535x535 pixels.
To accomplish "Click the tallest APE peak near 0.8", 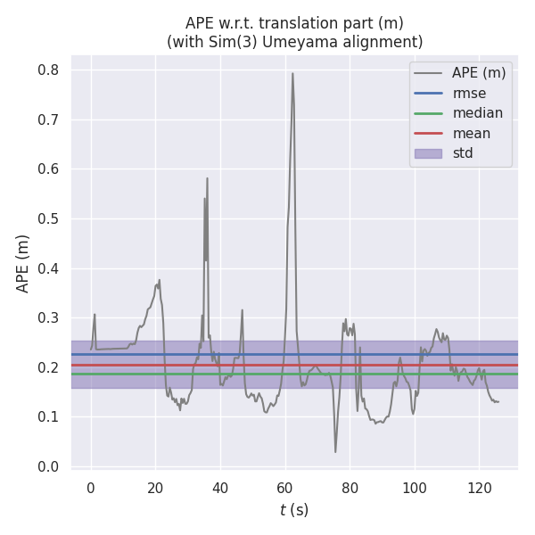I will (x=292, y=74).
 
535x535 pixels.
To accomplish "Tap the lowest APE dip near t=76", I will (x=335, y=451).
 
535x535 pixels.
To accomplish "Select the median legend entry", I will (x=477, y=113).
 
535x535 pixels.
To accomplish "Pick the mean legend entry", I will (x=471, y=134).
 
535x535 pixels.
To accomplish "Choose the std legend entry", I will (x=463, y=153).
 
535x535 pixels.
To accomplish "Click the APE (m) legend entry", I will (x=479, y=73).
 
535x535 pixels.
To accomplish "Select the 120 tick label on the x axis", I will (x=479, y=487).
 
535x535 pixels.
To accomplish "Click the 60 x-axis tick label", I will (x=285, y=487).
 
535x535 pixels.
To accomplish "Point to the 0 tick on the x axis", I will (x=91, y=487).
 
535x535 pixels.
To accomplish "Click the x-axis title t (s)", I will (x=294, y=510).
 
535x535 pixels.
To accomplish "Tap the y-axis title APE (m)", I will (x=23, y=263).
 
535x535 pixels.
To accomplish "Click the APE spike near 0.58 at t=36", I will (x=207, y=178).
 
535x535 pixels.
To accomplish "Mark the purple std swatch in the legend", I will (x=428, y=153).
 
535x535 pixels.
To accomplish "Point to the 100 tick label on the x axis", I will (x=414, y=487).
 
